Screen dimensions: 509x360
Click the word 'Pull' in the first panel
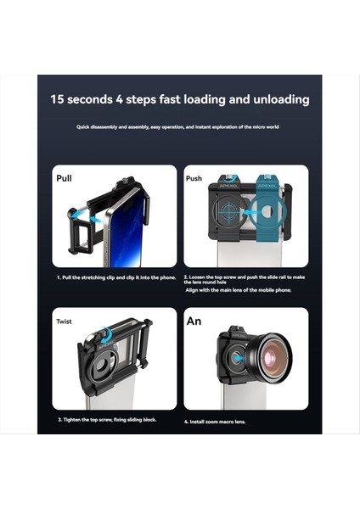[x=65, y=179]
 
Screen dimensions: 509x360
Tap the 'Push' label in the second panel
[x=194, y=179]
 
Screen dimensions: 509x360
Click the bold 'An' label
[x=194, y=322]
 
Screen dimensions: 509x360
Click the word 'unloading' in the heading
[x=276, y=99]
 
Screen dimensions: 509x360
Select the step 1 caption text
[x=115, y=277]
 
